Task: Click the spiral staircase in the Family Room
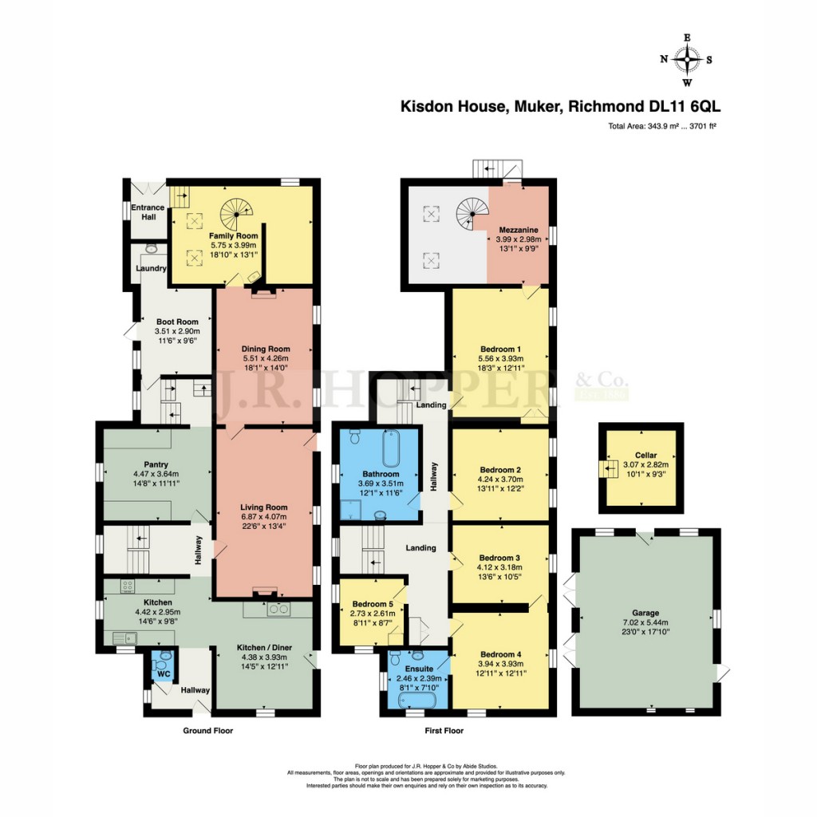click(x=236, y=213)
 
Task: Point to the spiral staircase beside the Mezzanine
click(x=471, y=213)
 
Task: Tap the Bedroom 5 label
click(x=368, y=603)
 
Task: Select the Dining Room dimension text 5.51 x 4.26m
click(x=265, y=359)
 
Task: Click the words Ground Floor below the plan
click(x=207, y=731)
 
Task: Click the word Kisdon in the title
click(x=424, y=106)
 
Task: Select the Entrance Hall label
click(x=148, y=212)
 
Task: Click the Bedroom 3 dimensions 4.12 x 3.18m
click(x=500, y=566)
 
